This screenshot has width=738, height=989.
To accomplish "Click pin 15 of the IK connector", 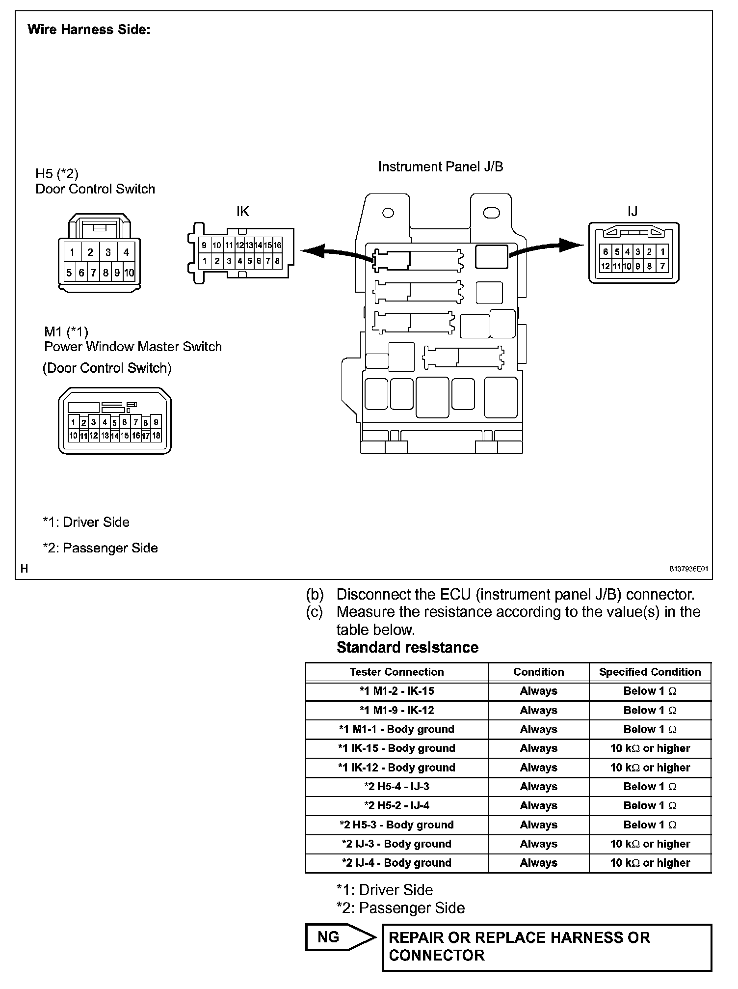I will (268, 245).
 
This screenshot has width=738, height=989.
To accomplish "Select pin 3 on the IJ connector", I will (638, 252).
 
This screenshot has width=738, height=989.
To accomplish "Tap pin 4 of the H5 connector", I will (126, 252).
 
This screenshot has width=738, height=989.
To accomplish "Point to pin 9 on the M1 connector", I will (156, 422).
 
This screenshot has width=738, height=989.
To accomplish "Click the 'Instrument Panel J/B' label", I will (440, 167).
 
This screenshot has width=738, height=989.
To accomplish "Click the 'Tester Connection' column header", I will (396, 672).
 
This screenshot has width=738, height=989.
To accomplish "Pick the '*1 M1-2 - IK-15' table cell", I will (396, 691).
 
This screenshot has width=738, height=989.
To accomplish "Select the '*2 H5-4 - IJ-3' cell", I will (396, 786).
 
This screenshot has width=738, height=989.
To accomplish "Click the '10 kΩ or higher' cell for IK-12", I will (650, 768).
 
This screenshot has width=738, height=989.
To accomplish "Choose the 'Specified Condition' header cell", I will (650, 672).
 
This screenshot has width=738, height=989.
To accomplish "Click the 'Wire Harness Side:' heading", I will (89, 29).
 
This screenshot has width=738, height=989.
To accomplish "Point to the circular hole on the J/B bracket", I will (388, 213).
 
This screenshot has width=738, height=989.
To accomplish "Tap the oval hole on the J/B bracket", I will (491, 213).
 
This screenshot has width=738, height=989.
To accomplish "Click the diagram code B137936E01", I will (688, 569).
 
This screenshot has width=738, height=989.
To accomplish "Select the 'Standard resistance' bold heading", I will (407, 647).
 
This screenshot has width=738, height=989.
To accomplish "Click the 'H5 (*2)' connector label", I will (57, 174).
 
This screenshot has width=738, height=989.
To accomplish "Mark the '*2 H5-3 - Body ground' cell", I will (396, 824).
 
